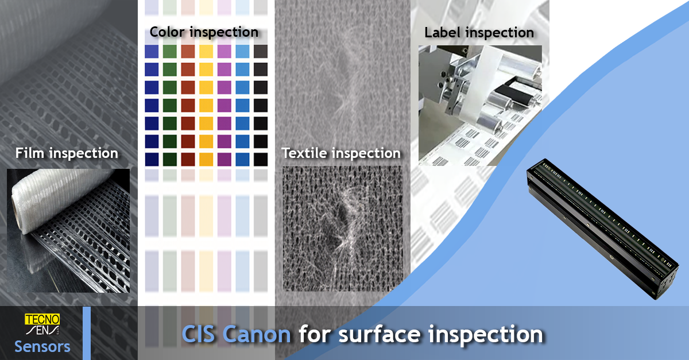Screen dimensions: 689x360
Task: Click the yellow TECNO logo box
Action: (x=42, y=319)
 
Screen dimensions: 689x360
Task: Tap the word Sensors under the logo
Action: (x=42, y=347)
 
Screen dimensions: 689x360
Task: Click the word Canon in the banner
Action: (x=257, y=334)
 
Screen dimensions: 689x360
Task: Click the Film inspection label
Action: (x=67, y=153)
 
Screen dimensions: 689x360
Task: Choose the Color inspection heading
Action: (x=204, y=32)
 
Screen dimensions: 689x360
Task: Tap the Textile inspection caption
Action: (x=341, y=153)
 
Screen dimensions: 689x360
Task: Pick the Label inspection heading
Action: (x=479, y=33)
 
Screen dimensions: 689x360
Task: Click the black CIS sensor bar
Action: (x=603, y=229)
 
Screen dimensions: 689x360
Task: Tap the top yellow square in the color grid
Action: (x=206, y=51)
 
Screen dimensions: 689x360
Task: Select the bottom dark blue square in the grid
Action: (x=152, y=160)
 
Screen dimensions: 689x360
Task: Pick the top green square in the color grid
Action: (x=170, y=51)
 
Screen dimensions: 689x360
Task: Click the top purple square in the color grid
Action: (x=224, y=51)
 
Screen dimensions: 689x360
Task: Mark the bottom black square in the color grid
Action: (x=261, y=160)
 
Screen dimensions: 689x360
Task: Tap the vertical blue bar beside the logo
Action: (x=87, y=333)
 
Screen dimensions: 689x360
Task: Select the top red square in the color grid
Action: (x=188, y=51)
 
